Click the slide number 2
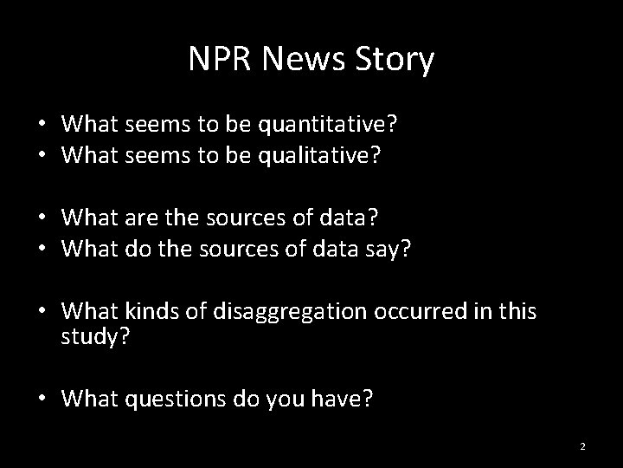[582, 446]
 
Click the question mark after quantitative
[394, 124]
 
